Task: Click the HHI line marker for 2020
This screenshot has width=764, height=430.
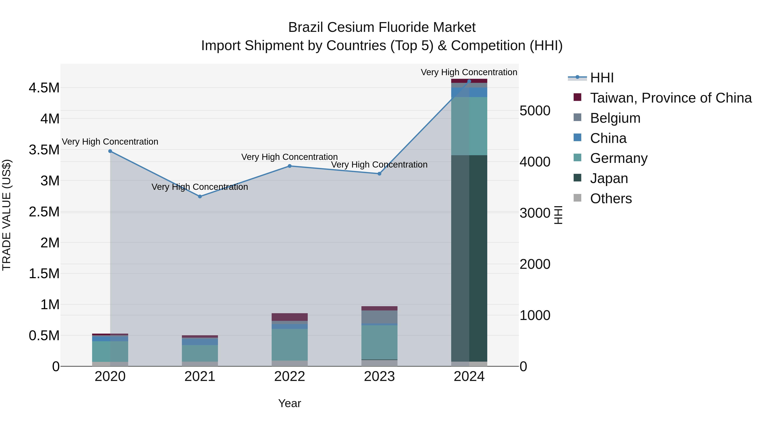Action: click(x=110, y=151)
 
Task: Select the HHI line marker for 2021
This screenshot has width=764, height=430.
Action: click(x=200, y=196)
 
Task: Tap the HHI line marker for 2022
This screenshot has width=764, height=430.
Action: click(x=290, y=166)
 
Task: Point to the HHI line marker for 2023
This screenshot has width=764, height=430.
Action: click(x=379, y=174)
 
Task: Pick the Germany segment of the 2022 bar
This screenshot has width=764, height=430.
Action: click(x=290, y=344)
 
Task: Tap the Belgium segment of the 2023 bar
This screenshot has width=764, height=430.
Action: click(x=379, y=317)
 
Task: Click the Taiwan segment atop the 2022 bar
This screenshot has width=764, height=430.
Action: click(x=290, y=317)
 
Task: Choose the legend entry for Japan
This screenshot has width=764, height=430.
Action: click(x=609, y=178)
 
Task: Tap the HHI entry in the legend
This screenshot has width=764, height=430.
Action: click(x=601, y=78)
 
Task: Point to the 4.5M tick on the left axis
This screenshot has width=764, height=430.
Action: click(x=44, y=88)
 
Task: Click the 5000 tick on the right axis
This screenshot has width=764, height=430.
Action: click(x=535, y=111)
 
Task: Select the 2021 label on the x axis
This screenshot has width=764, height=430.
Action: click(x=200, y=376)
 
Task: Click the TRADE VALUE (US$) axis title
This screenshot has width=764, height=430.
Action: click(x=7, y=215)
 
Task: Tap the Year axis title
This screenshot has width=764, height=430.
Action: click(x=289, y=403)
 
